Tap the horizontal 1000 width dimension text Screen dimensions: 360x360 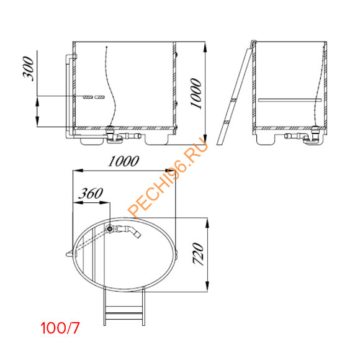[124, 161]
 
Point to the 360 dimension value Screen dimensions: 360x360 [91, 193]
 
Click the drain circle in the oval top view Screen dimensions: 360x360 [110, 230]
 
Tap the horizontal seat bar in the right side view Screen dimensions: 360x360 [290, 99]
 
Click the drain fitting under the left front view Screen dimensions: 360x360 [112, 134]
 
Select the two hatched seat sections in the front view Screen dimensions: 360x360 [94, 97]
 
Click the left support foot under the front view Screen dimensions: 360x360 [91, 139]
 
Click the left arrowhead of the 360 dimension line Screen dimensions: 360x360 [76, 202]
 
